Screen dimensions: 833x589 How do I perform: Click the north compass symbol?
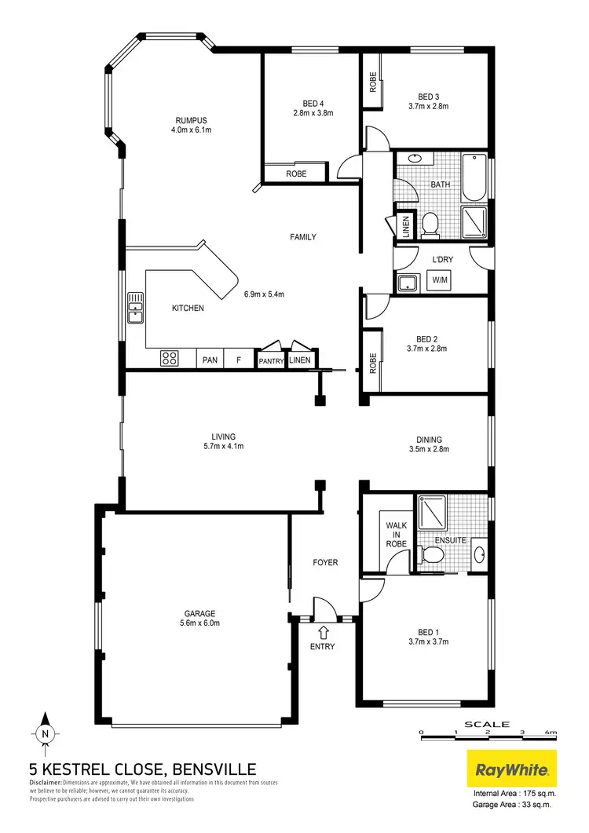point(46,733)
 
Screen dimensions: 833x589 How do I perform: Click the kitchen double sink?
point(136,307)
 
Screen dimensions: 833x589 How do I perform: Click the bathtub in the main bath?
point(473,177)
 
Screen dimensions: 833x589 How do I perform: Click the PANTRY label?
point(272,361)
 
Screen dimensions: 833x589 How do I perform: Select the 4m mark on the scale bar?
point(552,732)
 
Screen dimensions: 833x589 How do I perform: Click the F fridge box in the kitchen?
point(237,360)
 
